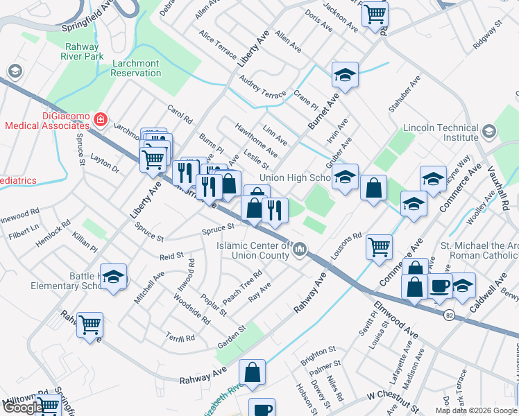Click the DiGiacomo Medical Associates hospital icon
(101, 119)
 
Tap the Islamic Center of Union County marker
(300, 248)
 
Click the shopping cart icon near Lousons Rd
(379, 246)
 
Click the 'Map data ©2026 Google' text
(475, 410)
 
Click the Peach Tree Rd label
(241, 286)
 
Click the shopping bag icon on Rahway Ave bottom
(253, 371)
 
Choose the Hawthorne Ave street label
(257, 142)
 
